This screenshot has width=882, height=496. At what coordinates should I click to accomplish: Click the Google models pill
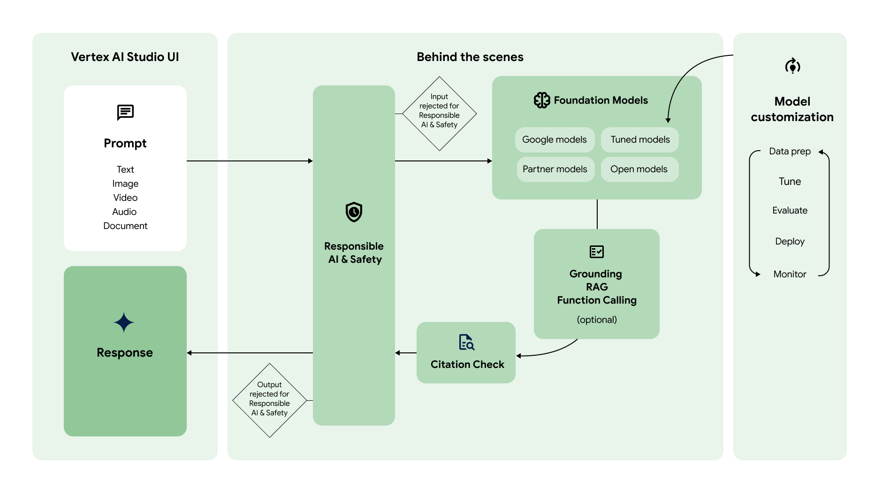click(555, 140)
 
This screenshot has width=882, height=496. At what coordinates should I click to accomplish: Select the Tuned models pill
click(640, 140)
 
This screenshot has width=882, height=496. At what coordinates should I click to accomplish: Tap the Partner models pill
click(555, 169)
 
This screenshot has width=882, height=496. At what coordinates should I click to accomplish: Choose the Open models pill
click(639, 169)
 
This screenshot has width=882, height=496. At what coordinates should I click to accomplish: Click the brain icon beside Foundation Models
click(542, 100)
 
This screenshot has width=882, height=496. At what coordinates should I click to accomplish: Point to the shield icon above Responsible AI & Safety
click(354, 212)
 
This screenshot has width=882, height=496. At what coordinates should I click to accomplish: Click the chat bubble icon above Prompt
click(125, 113)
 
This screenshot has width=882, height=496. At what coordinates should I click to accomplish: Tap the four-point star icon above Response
click(124, 323)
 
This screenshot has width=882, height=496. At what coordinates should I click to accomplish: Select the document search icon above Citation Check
click(466, 342)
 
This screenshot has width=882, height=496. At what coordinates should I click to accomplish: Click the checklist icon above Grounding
click(596, 252)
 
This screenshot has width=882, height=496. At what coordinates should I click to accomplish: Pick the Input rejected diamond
click(439, 114)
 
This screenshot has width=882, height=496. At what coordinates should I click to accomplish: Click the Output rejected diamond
click(269, 400)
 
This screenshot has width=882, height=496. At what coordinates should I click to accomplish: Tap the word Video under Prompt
click(125, 198)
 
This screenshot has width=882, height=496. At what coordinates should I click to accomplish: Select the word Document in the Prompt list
click(125, 226)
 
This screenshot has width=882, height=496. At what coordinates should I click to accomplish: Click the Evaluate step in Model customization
click(790, 211)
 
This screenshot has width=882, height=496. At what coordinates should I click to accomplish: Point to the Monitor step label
click(790, 274)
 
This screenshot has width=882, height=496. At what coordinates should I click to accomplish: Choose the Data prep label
click(790, 152)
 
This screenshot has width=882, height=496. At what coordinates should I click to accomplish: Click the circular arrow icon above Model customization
click(792, 66)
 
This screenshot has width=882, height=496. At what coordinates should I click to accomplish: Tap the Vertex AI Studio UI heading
click(125, 57)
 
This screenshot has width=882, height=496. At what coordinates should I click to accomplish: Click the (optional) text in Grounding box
click(596, 320)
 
